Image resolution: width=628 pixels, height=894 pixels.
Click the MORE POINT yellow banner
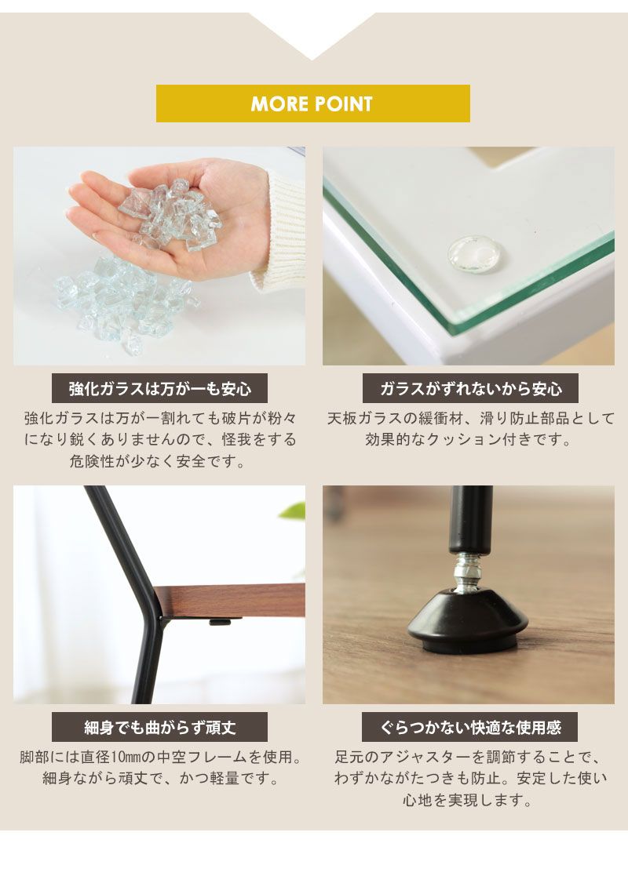coord(312,104)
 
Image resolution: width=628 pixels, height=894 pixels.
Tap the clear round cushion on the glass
coord(474,256)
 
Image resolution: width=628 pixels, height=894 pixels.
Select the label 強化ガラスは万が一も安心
coord(159,388)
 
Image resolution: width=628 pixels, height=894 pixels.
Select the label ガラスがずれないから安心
coord(470,388)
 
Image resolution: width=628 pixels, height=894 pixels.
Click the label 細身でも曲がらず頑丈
coord(159,727)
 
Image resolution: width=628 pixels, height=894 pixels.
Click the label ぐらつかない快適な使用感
coord(470,727)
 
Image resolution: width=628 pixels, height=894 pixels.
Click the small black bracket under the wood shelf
coord(225,623)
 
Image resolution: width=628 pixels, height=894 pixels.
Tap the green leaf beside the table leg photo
coord(294,511)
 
